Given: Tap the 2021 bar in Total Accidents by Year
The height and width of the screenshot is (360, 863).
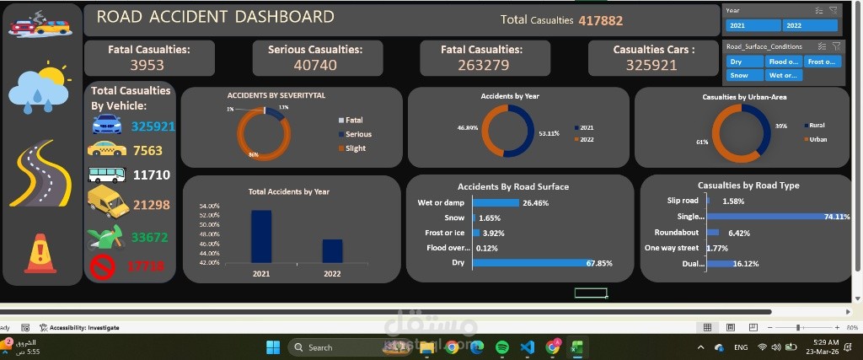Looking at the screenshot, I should point(261,237).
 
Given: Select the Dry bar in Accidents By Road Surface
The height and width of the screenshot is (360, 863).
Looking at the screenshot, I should point(528,263).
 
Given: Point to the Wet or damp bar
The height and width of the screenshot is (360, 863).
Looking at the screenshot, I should point(496,203).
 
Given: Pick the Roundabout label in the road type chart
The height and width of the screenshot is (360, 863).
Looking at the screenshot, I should point(676,232).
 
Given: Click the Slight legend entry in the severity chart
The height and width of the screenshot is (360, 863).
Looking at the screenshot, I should point(356,148).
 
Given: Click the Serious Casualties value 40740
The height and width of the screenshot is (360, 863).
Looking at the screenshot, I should point(315,65).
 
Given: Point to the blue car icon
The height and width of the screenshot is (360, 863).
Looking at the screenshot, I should point(107,126).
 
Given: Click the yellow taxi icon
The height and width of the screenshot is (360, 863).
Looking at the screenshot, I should point(107,149).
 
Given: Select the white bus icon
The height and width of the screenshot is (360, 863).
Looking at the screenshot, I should point(107,175).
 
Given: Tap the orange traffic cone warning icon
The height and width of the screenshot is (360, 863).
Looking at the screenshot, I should point(40,254).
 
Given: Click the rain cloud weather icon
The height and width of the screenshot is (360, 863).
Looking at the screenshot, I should point(38,88).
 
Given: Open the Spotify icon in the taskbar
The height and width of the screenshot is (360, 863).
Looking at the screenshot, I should point(502,347).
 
